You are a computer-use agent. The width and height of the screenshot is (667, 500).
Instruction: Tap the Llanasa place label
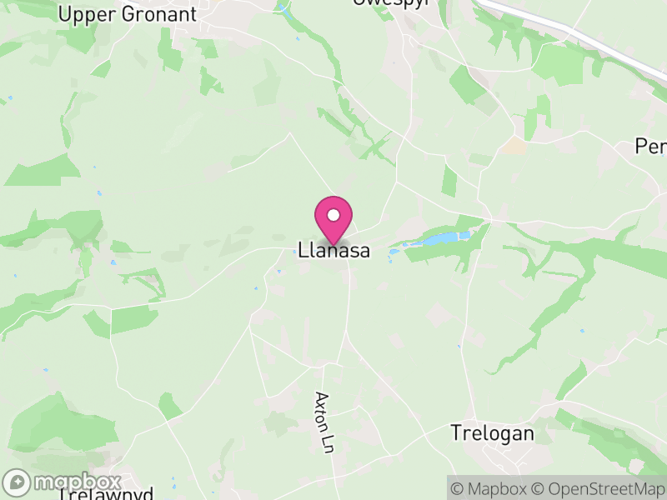(x=333, y=250)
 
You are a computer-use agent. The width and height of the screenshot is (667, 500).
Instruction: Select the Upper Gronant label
(x=128, y=14)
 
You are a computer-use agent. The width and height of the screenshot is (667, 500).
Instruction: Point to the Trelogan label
(x=492, y=433)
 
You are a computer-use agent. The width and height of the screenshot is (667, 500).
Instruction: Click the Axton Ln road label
(x=324, y=422)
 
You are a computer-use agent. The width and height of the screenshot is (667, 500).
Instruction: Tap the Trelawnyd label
(x=106, y=493)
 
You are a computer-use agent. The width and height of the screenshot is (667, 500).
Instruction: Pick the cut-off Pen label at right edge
(x=651, y=147)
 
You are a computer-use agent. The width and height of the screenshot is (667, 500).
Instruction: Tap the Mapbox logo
(x=63, y=482)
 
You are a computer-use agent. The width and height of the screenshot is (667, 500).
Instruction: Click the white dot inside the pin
(x=333, y=215)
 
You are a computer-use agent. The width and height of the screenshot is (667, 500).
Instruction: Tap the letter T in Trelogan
(x=456, y=433)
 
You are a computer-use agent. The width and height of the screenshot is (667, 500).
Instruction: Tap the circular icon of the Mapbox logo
(x=18, y=482)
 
